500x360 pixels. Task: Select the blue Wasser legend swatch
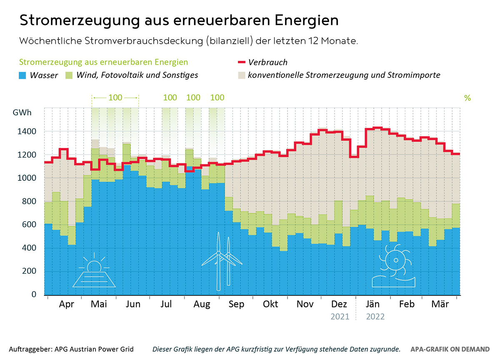point(23,75)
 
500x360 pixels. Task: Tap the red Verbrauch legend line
point(241,62)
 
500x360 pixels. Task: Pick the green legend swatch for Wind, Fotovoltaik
point(70,75)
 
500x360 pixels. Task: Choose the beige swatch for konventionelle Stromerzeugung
point(241,75)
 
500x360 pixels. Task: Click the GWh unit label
point(22,113)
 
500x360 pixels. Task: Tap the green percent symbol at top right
point(467,98)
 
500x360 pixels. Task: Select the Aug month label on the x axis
point(202,305)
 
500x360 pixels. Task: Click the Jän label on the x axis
point(372,305)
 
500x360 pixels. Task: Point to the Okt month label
point(270,305)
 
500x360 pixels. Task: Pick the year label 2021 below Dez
point(340,317)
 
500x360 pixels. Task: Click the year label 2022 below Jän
point(375,317)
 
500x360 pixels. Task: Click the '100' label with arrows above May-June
point(115,98)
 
